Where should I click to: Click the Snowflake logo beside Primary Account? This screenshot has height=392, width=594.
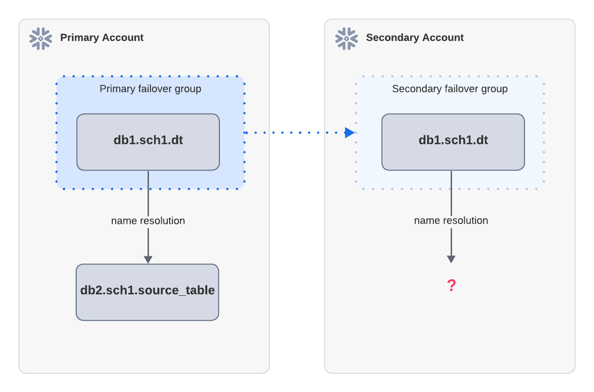coord(41,38)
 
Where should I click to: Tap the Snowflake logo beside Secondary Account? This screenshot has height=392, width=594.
coord(346,38)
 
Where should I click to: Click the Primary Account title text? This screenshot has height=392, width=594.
coord(102,38)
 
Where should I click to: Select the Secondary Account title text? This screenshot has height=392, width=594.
coord(414,38)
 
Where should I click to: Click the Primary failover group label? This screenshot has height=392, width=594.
coord(150,89)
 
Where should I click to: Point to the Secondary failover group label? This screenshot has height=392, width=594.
coord(450,89)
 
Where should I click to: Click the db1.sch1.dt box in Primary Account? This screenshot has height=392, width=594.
coord(148,141)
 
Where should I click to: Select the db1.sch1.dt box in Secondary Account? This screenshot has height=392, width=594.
coord(453,141)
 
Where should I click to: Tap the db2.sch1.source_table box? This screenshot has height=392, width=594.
coord(148,292)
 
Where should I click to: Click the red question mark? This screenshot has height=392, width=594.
coord(451,285)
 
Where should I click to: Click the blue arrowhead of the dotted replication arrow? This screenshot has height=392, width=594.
coord(350,133)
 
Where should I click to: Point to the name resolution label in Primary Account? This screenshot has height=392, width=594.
coord(148,221)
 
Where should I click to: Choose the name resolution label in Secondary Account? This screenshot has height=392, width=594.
coord(451,221)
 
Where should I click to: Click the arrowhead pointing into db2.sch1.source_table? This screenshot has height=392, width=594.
coord(148,259)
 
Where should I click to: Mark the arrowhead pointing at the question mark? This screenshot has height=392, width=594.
coord(451,259)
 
